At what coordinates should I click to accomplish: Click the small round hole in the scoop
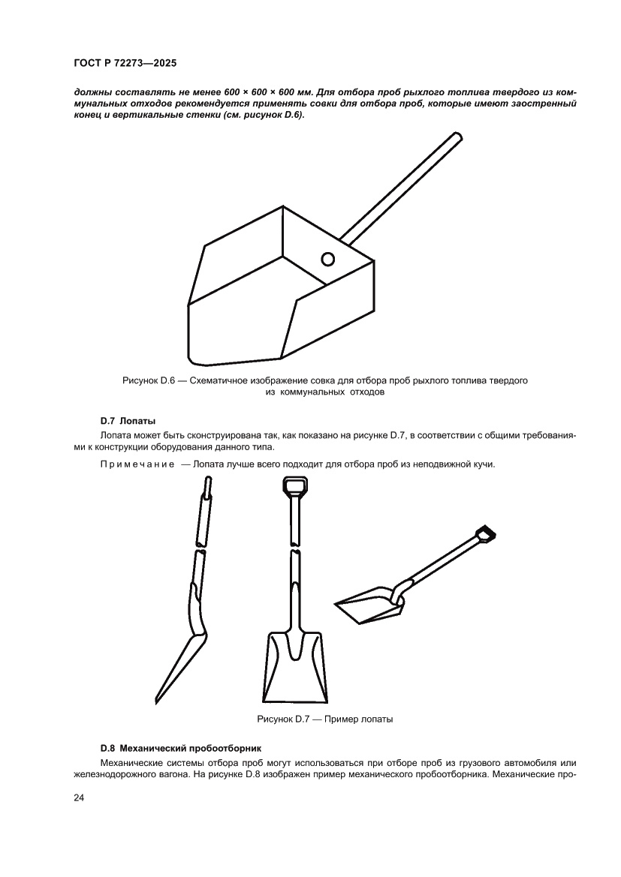pos(327,260)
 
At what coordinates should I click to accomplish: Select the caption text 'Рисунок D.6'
pos(149,381)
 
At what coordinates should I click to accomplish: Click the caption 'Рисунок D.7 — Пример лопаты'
pos(324,719)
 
